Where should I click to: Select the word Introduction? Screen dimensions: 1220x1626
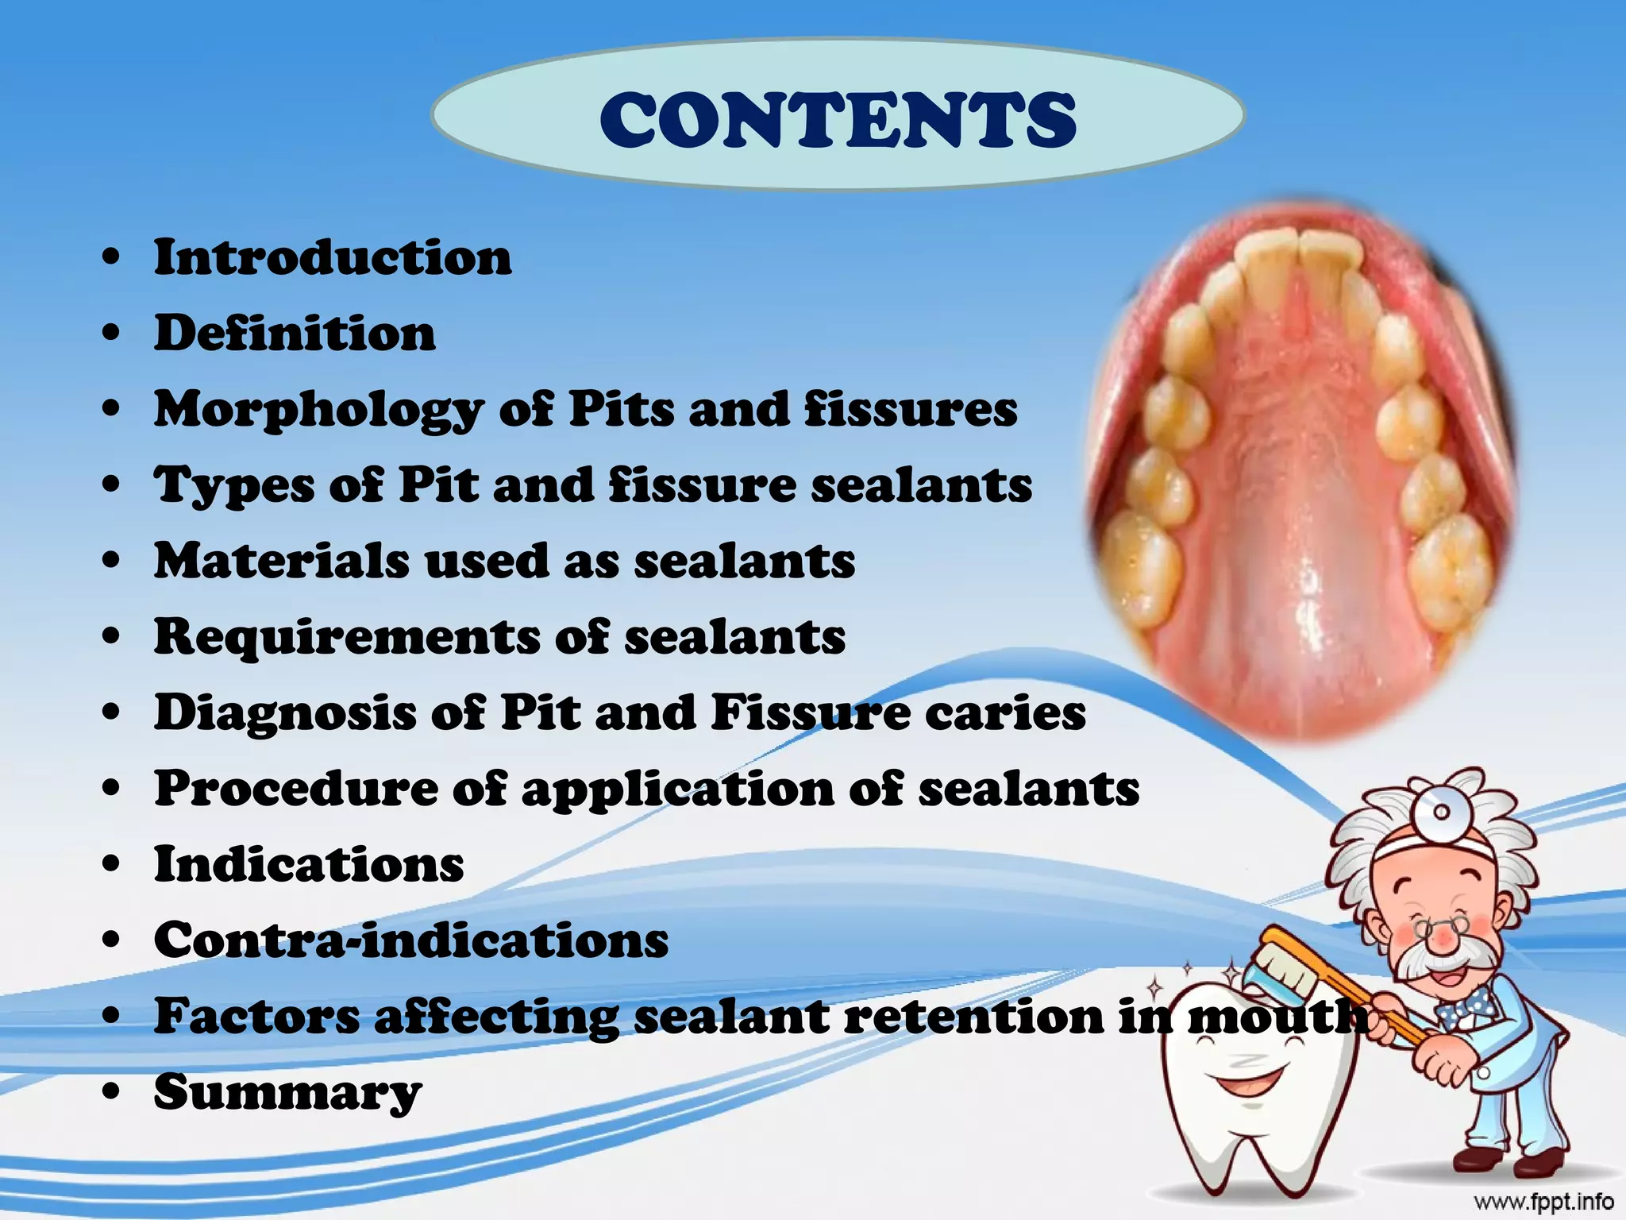333,258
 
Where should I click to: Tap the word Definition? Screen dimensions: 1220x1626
295,334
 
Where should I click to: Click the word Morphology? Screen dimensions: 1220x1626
318,411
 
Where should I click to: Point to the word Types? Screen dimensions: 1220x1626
233,486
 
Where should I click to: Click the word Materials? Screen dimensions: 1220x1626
282,561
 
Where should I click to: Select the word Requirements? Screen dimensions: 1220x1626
345,637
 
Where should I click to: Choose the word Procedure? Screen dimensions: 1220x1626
295,789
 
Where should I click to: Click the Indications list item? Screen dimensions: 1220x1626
309,864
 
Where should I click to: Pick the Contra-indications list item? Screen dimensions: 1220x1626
411,940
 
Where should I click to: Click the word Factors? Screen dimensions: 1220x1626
256,1016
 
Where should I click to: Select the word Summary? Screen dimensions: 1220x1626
287,1093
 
